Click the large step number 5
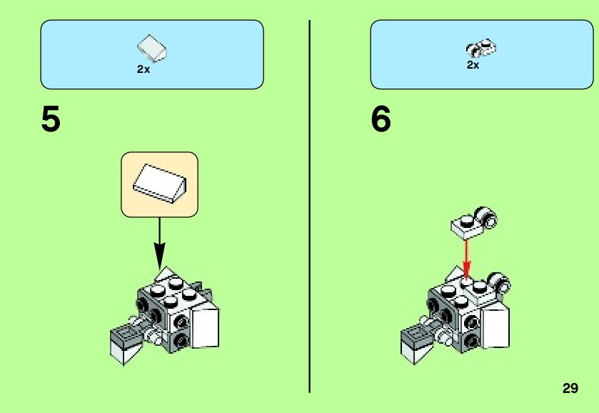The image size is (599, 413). pyautogui.click(x=51, y=119)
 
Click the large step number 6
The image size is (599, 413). pyautogui.click(x=381, y=119)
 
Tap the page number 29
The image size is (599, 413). pyautogui.click(x=570, y=389)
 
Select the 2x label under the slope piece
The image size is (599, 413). pyautogui.click(x=144, y=70)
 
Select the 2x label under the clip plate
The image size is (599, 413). pyautogui.click(x=473, y=65)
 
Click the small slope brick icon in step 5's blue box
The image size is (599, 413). pyautogui.click(x=151, y=48)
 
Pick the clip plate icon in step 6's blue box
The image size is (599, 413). pyautogui.click(x=481, y=49)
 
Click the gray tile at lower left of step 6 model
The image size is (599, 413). pyautogui.click(x=418, y=334)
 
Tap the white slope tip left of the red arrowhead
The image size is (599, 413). pyautogui.click(x=454, y=272)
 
